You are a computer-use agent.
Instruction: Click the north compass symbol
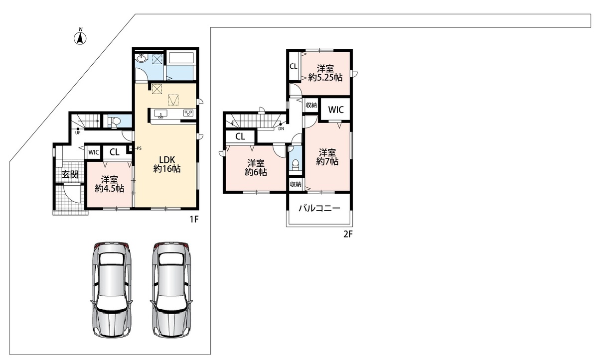coord(80,38)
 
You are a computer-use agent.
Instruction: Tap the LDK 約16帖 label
coord(167,164)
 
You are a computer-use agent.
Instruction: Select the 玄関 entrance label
coord(70,175)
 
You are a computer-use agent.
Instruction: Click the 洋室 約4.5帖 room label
coord(110,184)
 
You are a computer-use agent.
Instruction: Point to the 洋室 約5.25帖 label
coord(325,73)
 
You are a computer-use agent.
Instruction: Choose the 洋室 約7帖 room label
coord(327,157)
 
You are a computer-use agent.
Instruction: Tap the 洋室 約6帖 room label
coord(256,168)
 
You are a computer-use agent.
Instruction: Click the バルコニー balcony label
coord(319,208)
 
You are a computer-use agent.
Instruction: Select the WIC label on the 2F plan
coord(336,110)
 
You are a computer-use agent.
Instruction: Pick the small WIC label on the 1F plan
coord(94,152)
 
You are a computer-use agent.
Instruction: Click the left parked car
coord(112,290)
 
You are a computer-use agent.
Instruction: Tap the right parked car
coord(171,290)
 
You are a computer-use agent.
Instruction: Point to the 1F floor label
coord(194,219)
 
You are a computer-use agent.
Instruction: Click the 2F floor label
coord(348,234)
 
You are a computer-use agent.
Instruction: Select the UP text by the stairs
coord(78,133)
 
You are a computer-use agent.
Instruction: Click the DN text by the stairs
coord(281,128)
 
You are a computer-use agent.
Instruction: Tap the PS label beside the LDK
coord(139,148)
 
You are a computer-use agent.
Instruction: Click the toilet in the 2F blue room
coord(296,165)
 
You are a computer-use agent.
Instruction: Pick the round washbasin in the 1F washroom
coord(141,58)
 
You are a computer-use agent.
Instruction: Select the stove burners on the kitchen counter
coord(188,113)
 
